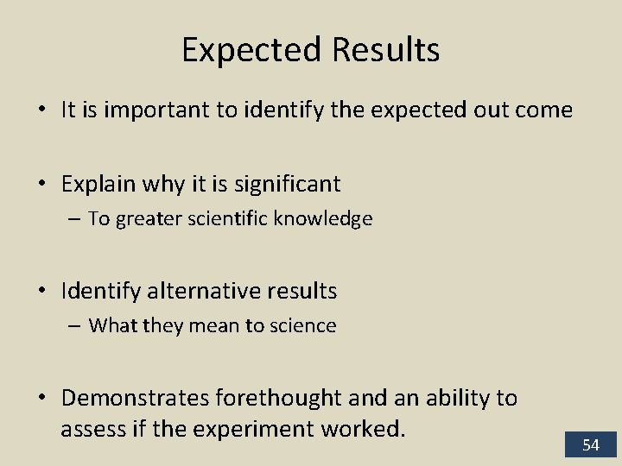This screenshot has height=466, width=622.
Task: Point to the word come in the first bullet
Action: (542, 110)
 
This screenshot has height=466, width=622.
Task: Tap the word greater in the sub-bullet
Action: (143, 219)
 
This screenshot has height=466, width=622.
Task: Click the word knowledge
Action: (325, 219)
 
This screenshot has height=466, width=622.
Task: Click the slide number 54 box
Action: (591, 444)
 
